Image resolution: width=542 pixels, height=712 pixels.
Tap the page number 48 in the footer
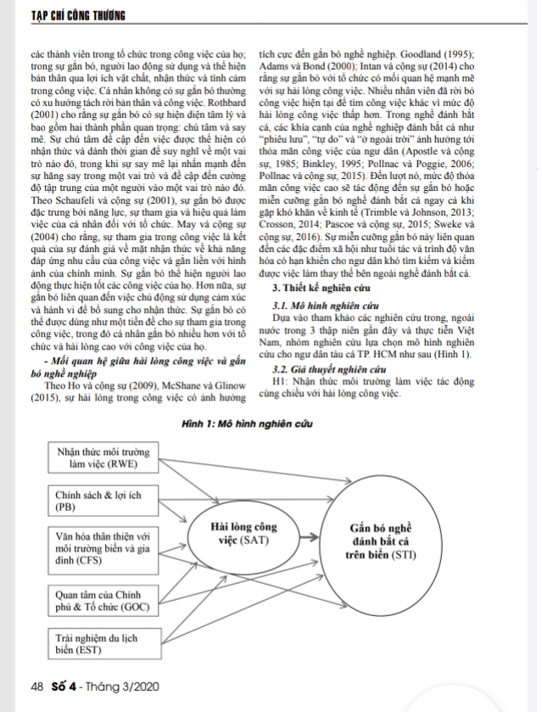pos(36,687)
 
